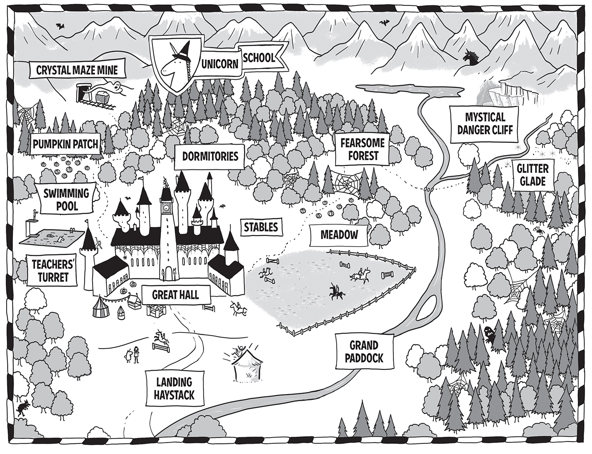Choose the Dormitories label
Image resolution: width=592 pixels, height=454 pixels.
point(210,156)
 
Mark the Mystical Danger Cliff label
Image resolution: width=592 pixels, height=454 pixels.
point(485,123)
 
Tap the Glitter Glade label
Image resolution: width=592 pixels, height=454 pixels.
point(532,175)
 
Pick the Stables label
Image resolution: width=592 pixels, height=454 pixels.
point(261,227)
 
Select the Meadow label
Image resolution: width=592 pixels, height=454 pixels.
point(339,235)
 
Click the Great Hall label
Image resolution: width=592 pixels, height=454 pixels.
point(175,294)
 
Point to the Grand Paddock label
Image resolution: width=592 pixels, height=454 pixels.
point(363,352)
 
